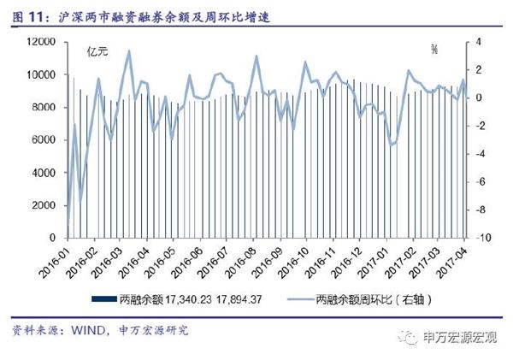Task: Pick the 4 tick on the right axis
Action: click(478, 42)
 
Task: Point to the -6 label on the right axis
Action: click(479, 182)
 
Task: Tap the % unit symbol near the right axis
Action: click(434, 50)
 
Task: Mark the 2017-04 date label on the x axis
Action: click(452, 259)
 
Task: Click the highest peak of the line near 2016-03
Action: click(129, 50)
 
